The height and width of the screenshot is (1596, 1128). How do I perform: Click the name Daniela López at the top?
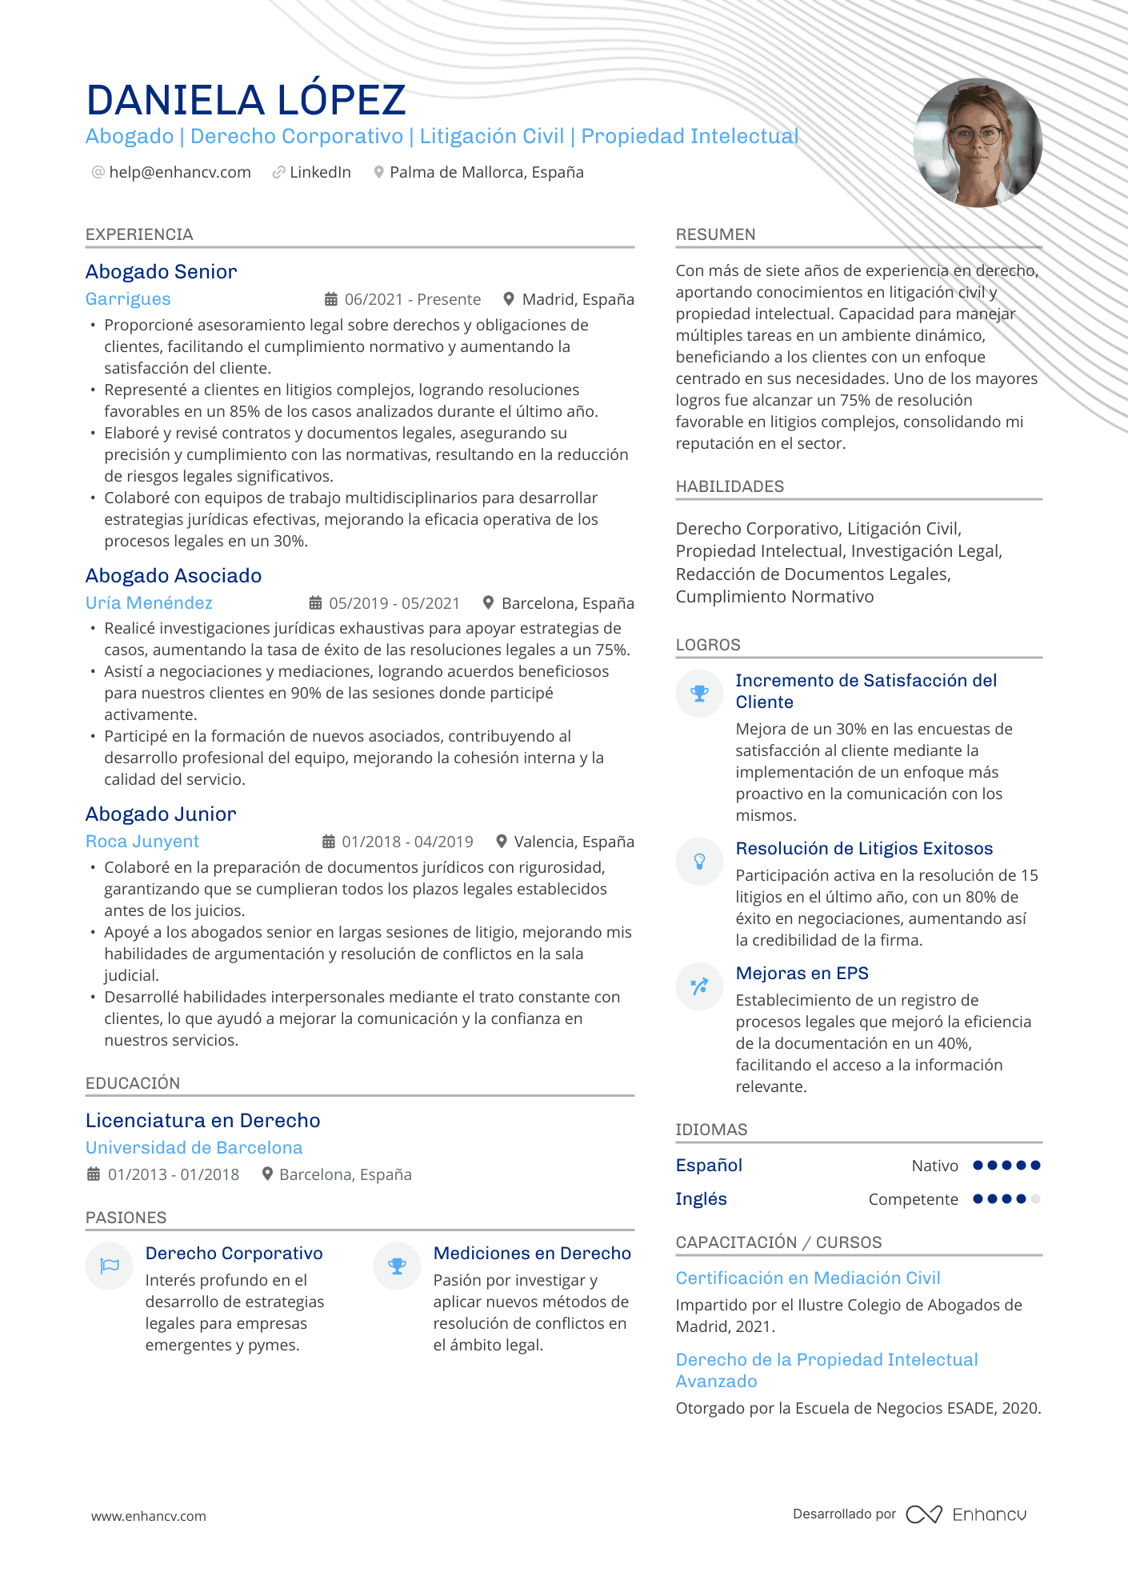tap(246, 101)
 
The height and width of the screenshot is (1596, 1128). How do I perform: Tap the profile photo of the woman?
tap(978, 142)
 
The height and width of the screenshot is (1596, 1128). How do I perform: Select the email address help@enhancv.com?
tap(180, 173)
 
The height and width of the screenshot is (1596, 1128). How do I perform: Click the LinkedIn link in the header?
tap(320, 173)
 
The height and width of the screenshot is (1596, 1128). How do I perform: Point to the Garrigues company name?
tap(128, 299)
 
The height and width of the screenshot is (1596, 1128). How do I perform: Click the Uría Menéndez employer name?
tap(149, 603)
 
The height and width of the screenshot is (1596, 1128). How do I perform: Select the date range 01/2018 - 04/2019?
tap(407, 842)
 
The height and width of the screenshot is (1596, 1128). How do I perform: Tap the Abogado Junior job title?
tap(161, 814)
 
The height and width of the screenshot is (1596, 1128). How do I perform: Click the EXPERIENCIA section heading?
tap(139, 234)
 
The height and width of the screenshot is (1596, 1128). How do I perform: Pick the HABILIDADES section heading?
tap(730, 486)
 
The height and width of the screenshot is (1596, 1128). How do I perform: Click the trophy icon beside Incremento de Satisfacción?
tap(699, 694)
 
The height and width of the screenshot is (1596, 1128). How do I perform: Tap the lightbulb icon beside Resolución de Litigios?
tap(699, 862)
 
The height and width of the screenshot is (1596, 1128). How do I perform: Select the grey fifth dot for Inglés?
tap(1035, 1199)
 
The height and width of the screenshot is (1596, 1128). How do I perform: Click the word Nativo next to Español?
tap(934, 1166)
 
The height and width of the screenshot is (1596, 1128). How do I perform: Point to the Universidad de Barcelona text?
tap(194, 1148)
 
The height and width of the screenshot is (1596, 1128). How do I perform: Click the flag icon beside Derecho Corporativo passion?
tap(110, 1266)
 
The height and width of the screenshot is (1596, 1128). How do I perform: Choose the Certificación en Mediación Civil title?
tap(808, 1278)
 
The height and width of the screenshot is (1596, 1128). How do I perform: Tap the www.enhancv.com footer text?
tap(149, 1516)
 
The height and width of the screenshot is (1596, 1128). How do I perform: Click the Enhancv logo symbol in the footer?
tap(924, 1514)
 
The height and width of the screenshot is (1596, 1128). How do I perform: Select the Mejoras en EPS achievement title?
tap(802, 974)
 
